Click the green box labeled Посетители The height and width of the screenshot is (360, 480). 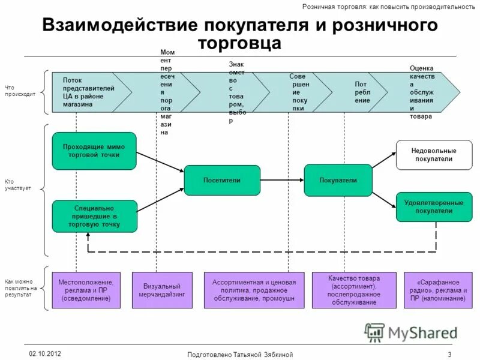tap(222, 180)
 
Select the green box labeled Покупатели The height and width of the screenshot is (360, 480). tap(338, 180)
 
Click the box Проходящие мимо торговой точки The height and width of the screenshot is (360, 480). tap(94, 151)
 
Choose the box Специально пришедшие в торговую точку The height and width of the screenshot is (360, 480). tap(94, 216)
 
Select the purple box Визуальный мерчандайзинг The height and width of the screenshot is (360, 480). tap(162, 290)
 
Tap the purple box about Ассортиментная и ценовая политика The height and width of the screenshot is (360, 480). tap(253, 290)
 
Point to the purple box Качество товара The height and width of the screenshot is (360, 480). tap(354, 290)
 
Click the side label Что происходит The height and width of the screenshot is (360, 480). tap(20, 91)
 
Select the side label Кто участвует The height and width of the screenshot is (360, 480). tap(17, 185)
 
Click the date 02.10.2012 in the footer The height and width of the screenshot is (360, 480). tap(44, 352)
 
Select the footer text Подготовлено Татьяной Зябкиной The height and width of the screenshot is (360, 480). tap(240, 355)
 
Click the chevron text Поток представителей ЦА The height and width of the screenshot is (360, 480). tap(88, 92)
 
